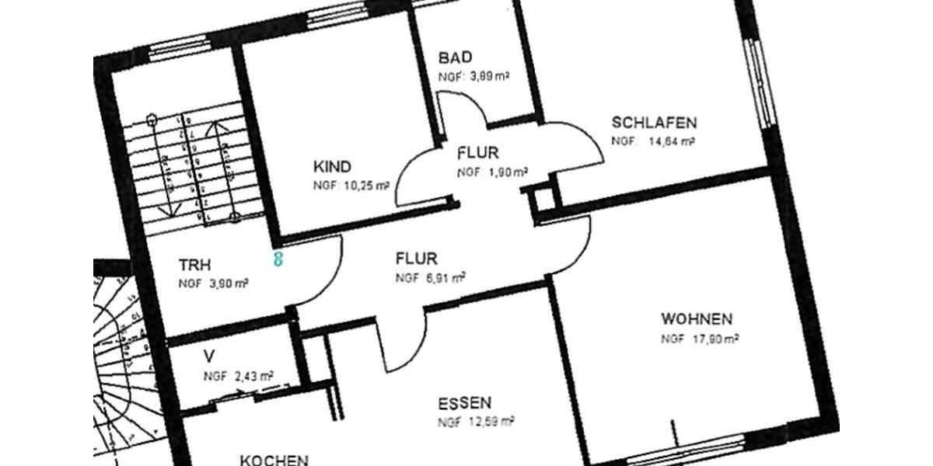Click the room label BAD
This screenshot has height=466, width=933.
click(x=456, y=57)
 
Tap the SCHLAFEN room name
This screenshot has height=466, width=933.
click(x=654, y=123)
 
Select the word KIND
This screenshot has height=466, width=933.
click(x=332, y=167)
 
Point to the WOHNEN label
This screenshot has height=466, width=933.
click(x=697, y=319)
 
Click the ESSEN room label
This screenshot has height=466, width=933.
click(x=464, y=403)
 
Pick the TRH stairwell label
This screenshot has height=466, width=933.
click(x=195, y=264)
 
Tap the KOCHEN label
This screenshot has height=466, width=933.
click(x=274, y=460)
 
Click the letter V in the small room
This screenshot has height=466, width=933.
click(x=208, y=356)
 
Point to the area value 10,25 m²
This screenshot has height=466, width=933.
click(x=365, y=186)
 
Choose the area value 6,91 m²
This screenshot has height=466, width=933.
click(x=444, y=276)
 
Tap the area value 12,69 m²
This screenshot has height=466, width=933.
click(x=491, y=423)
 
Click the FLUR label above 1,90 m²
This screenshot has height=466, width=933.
click(x=477, y=153)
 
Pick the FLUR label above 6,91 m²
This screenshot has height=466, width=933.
click(x=416, y=258)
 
